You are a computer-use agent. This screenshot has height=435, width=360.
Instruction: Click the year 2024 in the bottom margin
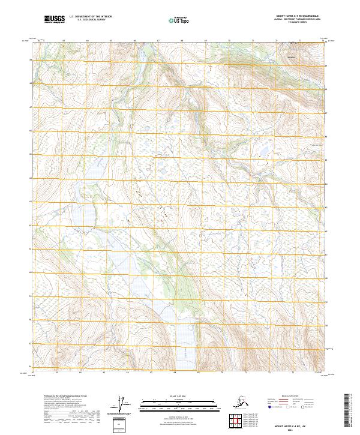pyautogui.click(x=298, y=428)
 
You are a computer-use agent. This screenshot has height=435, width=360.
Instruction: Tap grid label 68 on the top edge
pyautogui.click(x=182, y=41)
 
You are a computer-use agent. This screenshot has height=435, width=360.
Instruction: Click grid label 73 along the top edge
pyautogui.click(x=300, y=41)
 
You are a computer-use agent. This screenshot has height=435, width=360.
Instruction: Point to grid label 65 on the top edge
pyautogui.click(x=111, y=41)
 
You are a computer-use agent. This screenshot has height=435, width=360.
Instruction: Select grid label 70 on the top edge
pyautogui.click(x=229, y=41)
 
